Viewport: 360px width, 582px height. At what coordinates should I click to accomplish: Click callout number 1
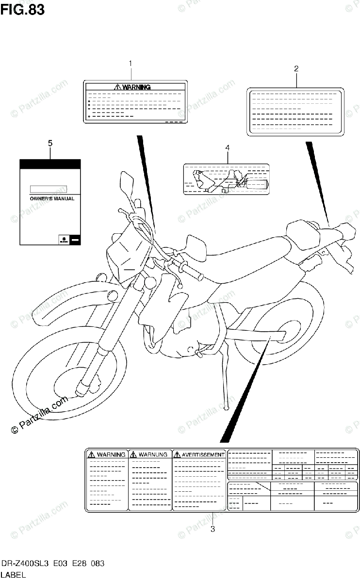point(130,64)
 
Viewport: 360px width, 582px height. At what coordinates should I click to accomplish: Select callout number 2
point(296,68)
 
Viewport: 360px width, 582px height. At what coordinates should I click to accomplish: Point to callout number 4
point(227,147)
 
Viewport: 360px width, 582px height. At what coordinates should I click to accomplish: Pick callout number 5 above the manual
point(50,143)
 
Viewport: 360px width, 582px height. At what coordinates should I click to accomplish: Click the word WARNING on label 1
point(136,87)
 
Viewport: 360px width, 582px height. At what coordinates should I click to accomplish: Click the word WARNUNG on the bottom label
point(153,454)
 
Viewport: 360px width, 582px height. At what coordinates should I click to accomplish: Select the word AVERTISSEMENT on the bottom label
point(203,454)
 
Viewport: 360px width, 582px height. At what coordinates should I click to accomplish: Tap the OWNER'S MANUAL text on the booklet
point(49,199)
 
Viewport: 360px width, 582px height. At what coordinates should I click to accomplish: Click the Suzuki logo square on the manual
point(62,239)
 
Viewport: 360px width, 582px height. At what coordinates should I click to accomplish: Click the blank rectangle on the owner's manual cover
point(48,189)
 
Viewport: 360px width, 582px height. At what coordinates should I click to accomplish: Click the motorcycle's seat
point(243,255)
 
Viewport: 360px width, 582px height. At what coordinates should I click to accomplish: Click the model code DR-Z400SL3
point(27,564)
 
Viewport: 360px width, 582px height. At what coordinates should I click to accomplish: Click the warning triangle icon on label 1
point(117,87)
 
